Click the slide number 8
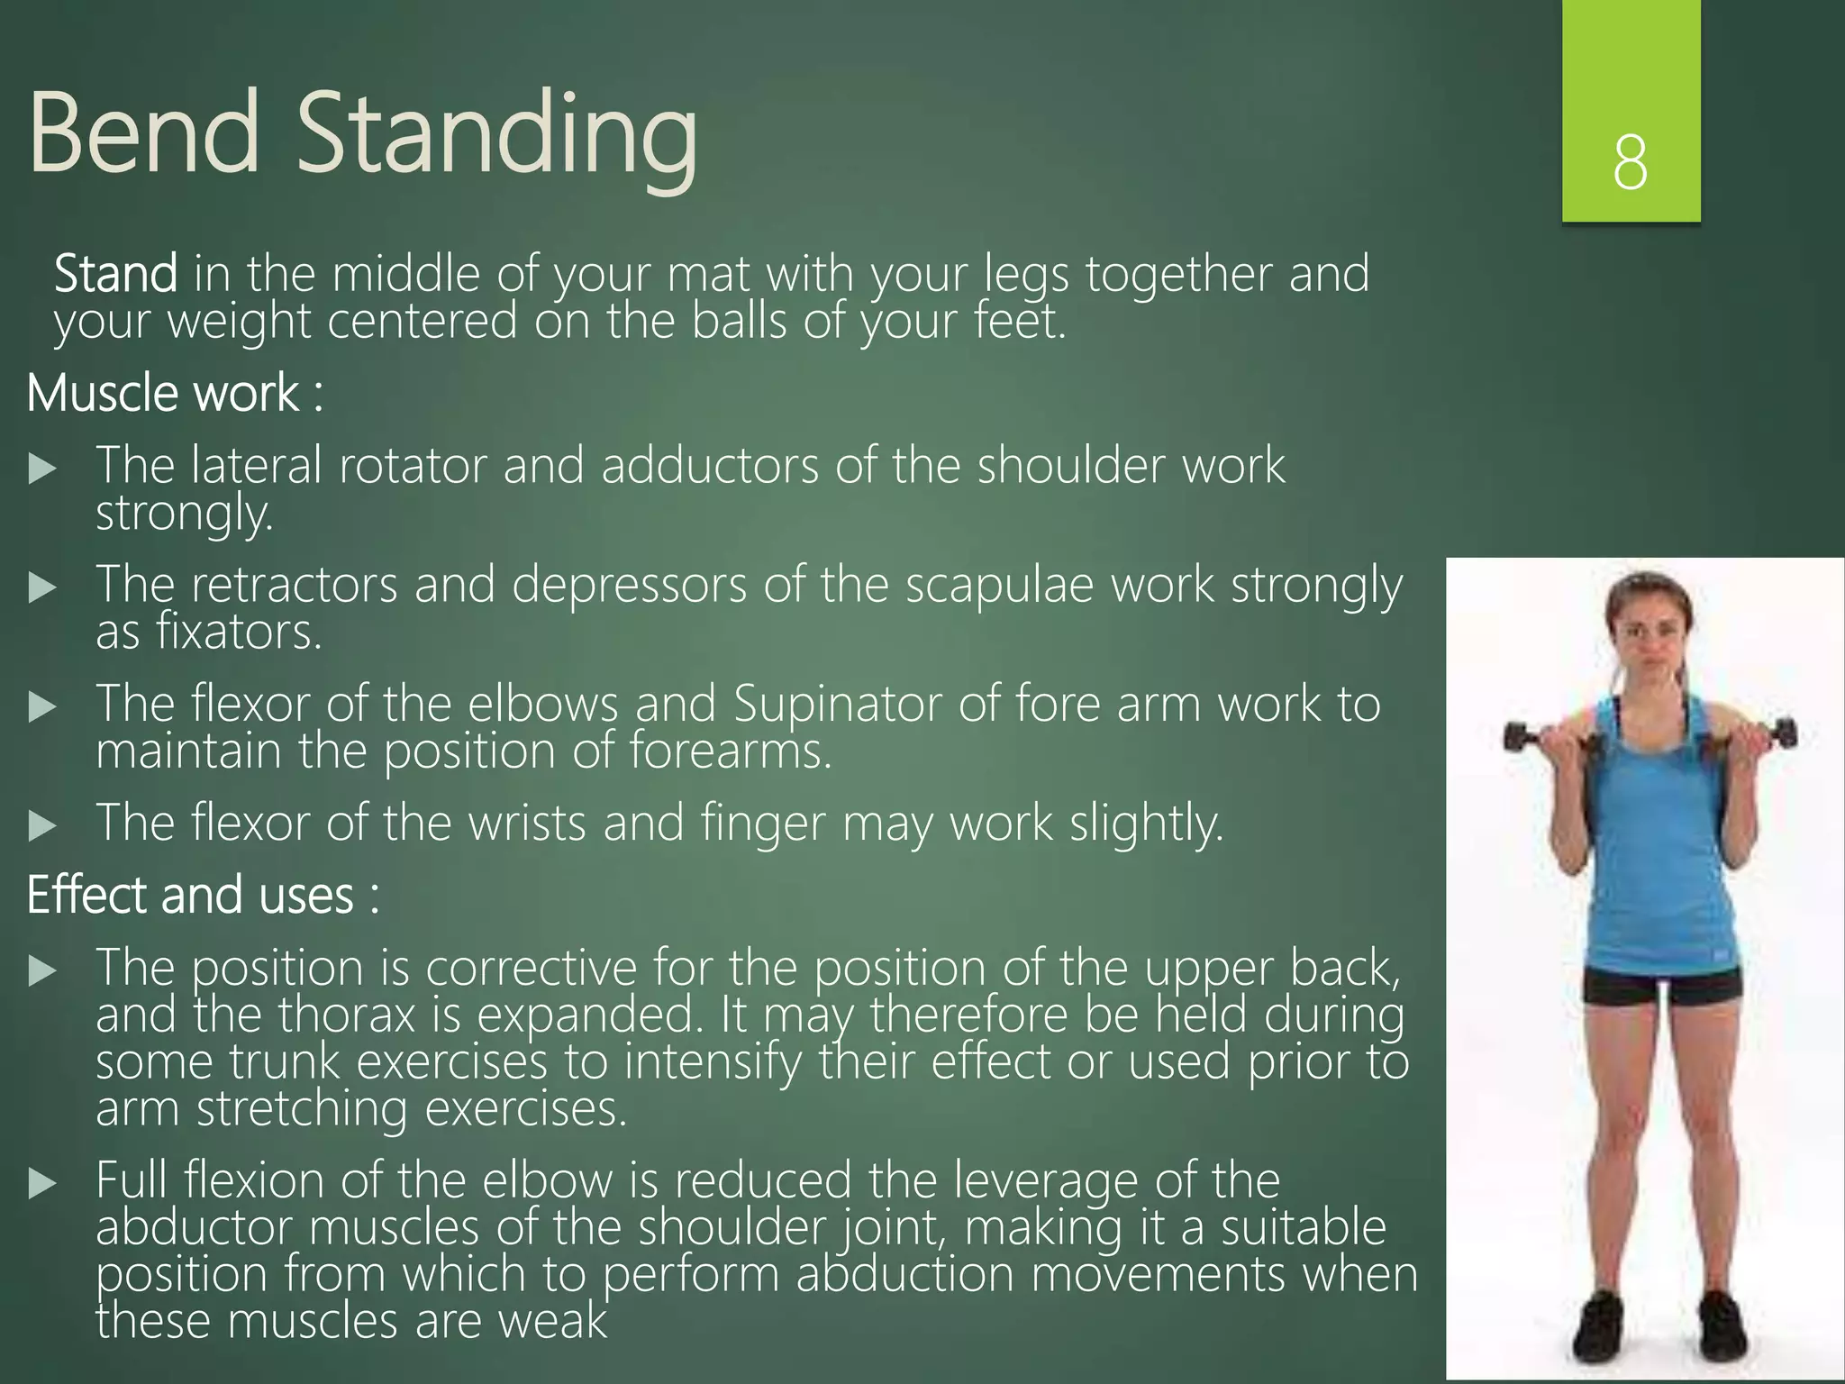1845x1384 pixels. tap(1630, 163)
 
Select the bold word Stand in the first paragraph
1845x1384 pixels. tap(115, 274)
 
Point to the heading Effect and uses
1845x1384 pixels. tap(203, 896)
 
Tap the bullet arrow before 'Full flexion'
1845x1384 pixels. tap(41, 1183)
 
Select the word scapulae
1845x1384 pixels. tap(999, 586)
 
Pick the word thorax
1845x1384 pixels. tap(347, 1015)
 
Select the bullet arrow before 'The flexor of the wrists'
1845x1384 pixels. tap(41, 825)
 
